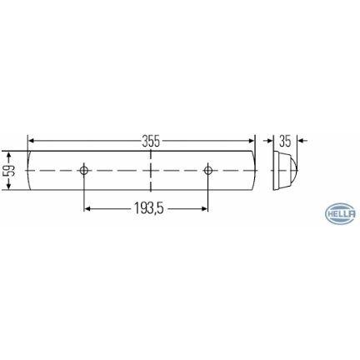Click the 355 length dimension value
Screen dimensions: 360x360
click(152, 141)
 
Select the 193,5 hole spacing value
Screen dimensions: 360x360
click(149, 208)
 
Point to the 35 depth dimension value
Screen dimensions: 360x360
click(285, 141)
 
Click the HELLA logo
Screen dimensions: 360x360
click(341, 213)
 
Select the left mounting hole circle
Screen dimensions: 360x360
click(83, 170)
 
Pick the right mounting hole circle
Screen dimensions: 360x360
click(207, 170)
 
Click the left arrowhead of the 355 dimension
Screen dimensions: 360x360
click(32, 141)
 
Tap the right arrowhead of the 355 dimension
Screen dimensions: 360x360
click(251, 141)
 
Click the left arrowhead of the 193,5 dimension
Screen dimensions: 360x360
click(87, 208)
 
